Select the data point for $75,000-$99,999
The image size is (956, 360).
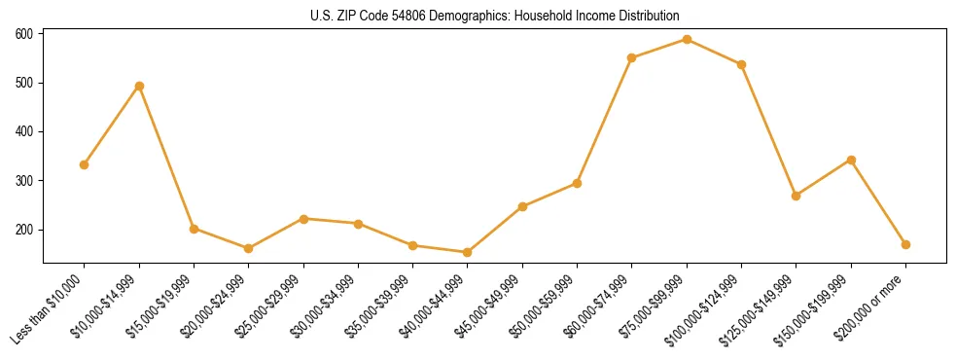point(687,40)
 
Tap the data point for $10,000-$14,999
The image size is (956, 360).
point(139,86)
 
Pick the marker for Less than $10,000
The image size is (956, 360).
point(85,164)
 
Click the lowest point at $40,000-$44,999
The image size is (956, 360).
point(468,252)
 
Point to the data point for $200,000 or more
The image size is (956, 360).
point(905,244)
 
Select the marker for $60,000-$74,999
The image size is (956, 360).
point(632,57)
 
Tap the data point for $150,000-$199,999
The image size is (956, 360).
point(851,160)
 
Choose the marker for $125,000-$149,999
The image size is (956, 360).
point(797,196)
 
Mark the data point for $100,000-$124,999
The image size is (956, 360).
point(741,64)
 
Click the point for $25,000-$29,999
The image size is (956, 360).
point(303,219)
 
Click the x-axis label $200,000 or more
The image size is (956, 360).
point(872,307)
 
